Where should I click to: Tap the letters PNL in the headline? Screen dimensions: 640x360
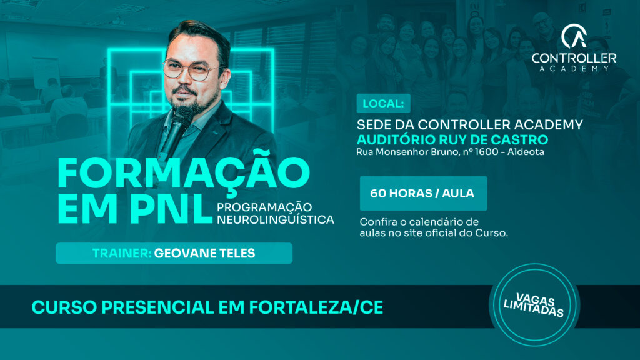pyautogui.click(x=171, y=209)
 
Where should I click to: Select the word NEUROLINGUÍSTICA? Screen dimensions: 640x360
pyautogui.click(x=276, y=220)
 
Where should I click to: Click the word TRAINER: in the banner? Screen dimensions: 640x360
pyautogui.click(x=122, y=254)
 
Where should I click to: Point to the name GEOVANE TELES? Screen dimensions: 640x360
pyautogui.click(x=204, y=254)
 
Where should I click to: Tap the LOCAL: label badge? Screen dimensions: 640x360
pyautogui.click(x=383, y=103)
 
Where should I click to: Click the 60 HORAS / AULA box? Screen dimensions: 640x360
pyautogui.click(x=423, y=194)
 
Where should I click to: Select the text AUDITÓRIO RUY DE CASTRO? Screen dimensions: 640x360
pyautogui.click(x=452, y=139)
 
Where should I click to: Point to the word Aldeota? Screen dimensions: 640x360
pyautogui.click(x=526, y=152)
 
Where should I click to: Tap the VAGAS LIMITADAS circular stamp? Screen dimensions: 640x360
pyautogui.click(x=534, y=305)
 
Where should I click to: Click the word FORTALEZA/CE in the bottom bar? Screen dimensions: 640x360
pyautogui.click(x=316, y=307)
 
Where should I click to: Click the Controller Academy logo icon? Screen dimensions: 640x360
pyautogui.click(x=574, y=36)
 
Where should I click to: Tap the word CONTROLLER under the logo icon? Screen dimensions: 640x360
pyautogui.click(x=574, y=58)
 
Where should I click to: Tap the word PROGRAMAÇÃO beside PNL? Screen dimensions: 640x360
pyautogui.click(x=264, y=207)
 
